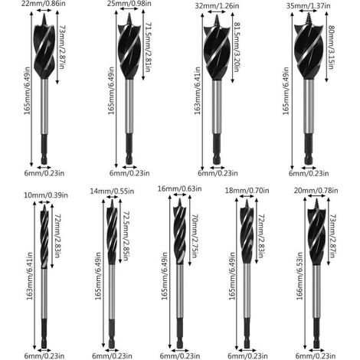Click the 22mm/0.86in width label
(x=43, y=4)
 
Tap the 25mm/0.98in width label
(x=129, y=3)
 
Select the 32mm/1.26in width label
(x=217, y=5)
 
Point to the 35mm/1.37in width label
(x=308, y=5)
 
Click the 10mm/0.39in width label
(x=46, y=195)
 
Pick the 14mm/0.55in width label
(x=112, y=191)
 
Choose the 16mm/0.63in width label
(x=179, y=188)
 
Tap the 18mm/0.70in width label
(x=247, y=191)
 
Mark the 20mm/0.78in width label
(x=316, y=191)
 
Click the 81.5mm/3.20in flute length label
(x=237, y=47)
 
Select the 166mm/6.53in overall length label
(x=299, y=276)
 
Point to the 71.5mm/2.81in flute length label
(x=149, y=47)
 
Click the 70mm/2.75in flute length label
(x=195, y=236)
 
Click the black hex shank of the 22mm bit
(x=44, y=149)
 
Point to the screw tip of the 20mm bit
(x=316, y=205)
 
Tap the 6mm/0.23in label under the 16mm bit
(x=180, y=356)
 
